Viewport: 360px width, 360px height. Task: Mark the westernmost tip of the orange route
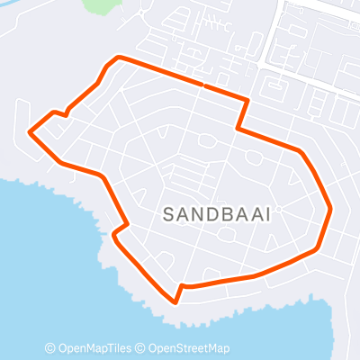pyautogui.click(x=30, y=134)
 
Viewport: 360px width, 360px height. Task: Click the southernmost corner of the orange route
pyautogui.click(x=175, y=301)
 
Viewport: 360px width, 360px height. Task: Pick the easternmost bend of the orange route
pyautogui.click(x=332, y=209)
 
